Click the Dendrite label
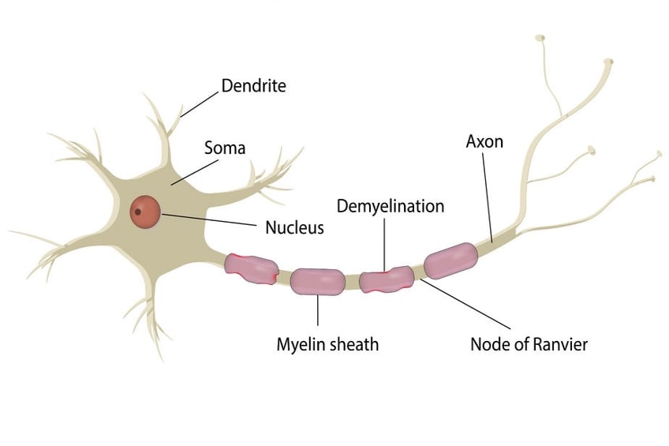tap(253, 85)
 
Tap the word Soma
tap(225, 148)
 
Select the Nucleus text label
tap(294, 228)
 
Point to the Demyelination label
tap(391, 206)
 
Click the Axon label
tap(484, 142)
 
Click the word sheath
tap(354, 344)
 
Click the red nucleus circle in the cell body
tap(145, 211)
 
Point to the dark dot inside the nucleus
tap(138, 212)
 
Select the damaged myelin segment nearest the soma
tap(251, 266)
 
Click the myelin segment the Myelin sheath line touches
tap(317, 281)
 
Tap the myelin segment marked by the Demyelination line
tap(387, 279)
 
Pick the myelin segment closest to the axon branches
tap(450, 261)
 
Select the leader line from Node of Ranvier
tap(465, 303)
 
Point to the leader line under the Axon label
tap(487, 197)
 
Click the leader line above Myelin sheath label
tap(317, 310)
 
